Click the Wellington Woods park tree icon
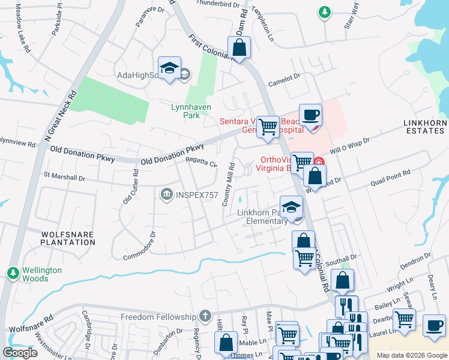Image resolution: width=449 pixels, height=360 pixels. point(13,274)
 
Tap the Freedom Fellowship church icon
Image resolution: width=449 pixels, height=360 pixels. point(205,316)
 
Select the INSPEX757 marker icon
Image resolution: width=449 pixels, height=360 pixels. point(166,194)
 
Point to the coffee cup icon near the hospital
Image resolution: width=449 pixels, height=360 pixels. point(310,115)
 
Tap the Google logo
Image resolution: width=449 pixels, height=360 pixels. point(20,353)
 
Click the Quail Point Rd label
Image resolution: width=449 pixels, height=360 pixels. point(390,174)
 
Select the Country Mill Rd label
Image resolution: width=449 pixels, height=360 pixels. point(228,184)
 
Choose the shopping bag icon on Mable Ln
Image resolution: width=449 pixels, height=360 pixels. point(227,344)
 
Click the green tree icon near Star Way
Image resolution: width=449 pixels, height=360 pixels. point(324,12)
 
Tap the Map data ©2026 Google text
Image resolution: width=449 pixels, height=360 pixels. point(411,355)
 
